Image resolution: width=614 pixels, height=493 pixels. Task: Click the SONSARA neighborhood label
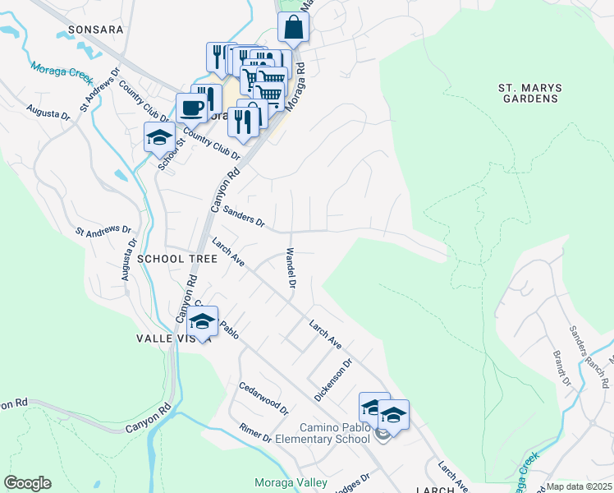(x=95, y=29)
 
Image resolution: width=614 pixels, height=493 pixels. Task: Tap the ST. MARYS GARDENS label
(x=528, y=93)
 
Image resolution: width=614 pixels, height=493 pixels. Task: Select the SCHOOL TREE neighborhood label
(x=177, y=258)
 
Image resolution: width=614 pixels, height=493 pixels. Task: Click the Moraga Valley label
(x=291, y=482)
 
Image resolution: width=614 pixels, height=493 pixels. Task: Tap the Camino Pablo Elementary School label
(x=334, y=433)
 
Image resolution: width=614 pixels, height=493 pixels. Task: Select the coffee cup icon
(x=191, y=108)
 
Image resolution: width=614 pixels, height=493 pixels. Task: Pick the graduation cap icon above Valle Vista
(x=202, y=320)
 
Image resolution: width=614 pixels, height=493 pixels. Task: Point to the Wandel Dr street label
(x=291, y=269)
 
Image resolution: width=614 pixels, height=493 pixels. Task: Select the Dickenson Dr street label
(x=333, y=380)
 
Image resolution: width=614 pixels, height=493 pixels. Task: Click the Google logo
(x=27, y=483)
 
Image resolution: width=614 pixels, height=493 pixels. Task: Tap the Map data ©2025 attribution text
(x=579, y=486)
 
